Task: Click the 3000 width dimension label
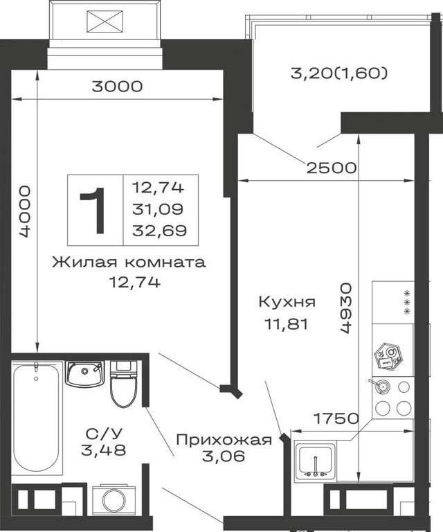point(117,87)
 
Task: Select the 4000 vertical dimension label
point(25,211)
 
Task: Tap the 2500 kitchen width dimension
point(332,168)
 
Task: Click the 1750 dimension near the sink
point(336,418)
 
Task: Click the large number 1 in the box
point(93,211)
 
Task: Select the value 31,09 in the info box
point(158,209)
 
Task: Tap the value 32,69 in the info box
point(159,231)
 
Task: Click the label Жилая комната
point(129,263)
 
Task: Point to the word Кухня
point(287,301)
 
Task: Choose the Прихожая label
point(224,440)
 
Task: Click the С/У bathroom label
point(104,433)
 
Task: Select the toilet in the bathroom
point(123,384)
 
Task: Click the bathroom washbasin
point(84,374)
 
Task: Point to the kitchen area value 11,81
point(287,324)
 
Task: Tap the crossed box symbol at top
point(105,21)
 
